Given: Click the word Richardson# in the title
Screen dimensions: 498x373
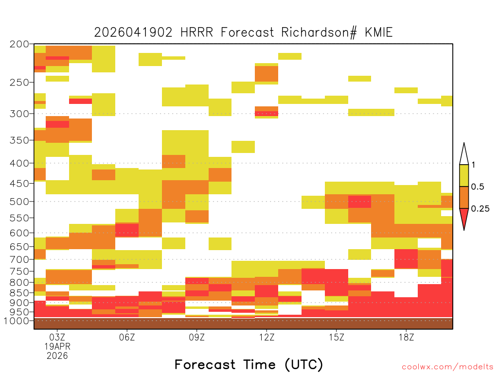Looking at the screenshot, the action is (319, 33).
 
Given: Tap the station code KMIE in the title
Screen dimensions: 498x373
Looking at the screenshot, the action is (378, 33).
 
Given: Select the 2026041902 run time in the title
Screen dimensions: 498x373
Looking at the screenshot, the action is (133, 33).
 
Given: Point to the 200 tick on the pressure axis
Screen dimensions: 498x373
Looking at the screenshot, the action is (19, 44).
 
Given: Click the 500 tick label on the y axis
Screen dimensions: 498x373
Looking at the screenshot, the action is (19, 202).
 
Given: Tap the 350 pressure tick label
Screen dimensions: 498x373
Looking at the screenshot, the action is (19, 140).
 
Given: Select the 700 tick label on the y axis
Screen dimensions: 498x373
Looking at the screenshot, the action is (19, 259).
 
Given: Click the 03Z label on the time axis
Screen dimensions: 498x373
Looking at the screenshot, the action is (57, 337).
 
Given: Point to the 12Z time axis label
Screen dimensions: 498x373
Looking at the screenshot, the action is (267, 337).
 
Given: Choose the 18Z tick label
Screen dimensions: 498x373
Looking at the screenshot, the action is (406, 337).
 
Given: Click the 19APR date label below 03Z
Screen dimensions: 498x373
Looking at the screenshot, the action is (57, 346).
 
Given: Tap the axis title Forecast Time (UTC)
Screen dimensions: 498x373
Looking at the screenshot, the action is (249, 364).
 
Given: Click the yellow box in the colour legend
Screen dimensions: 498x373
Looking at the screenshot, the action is (464, 175).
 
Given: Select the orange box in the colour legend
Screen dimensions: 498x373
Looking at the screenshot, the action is (464, 197).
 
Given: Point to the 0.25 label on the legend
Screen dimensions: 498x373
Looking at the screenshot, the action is (480, 209).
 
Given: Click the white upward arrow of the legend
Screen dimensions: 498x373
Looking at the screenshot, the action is (464, 154).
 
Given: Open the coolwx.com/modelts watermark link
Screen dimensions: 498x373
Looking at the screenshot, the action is (447, 367).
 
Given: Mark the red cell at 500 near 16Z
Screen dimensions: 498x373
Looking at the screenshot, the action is (359, 202).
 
